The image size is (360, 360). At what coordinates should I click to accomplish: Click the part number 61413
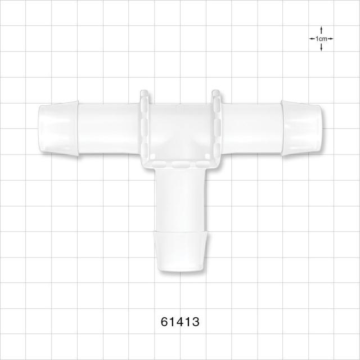pyautogui.click(x=180, y=322)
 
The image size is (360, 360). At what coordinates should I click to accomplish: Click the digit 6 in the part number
pyautogui.click(x=165, y=322)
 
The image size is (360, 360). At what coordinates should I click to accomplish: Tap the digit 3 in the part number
pyautogui.click(x=195, y=322)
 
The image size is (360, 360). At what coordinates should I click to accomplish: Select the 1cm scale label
pyautogui.click(x=321, y=39)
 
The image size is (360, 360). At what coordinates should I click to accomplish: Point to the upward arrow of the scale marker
pyautogui.click(x=321, y=30)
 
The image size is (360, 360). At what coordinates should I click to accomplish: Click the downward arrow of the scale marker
pyautogui.click(x=321, y=47)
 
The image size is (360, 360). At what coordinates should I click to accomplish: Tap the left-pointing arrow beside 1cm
pyautogui.click(x=312, y=39)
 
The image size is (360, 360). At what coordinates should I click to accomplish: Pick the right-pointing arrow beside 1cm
pyautogui.click(x=330, y=39)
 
